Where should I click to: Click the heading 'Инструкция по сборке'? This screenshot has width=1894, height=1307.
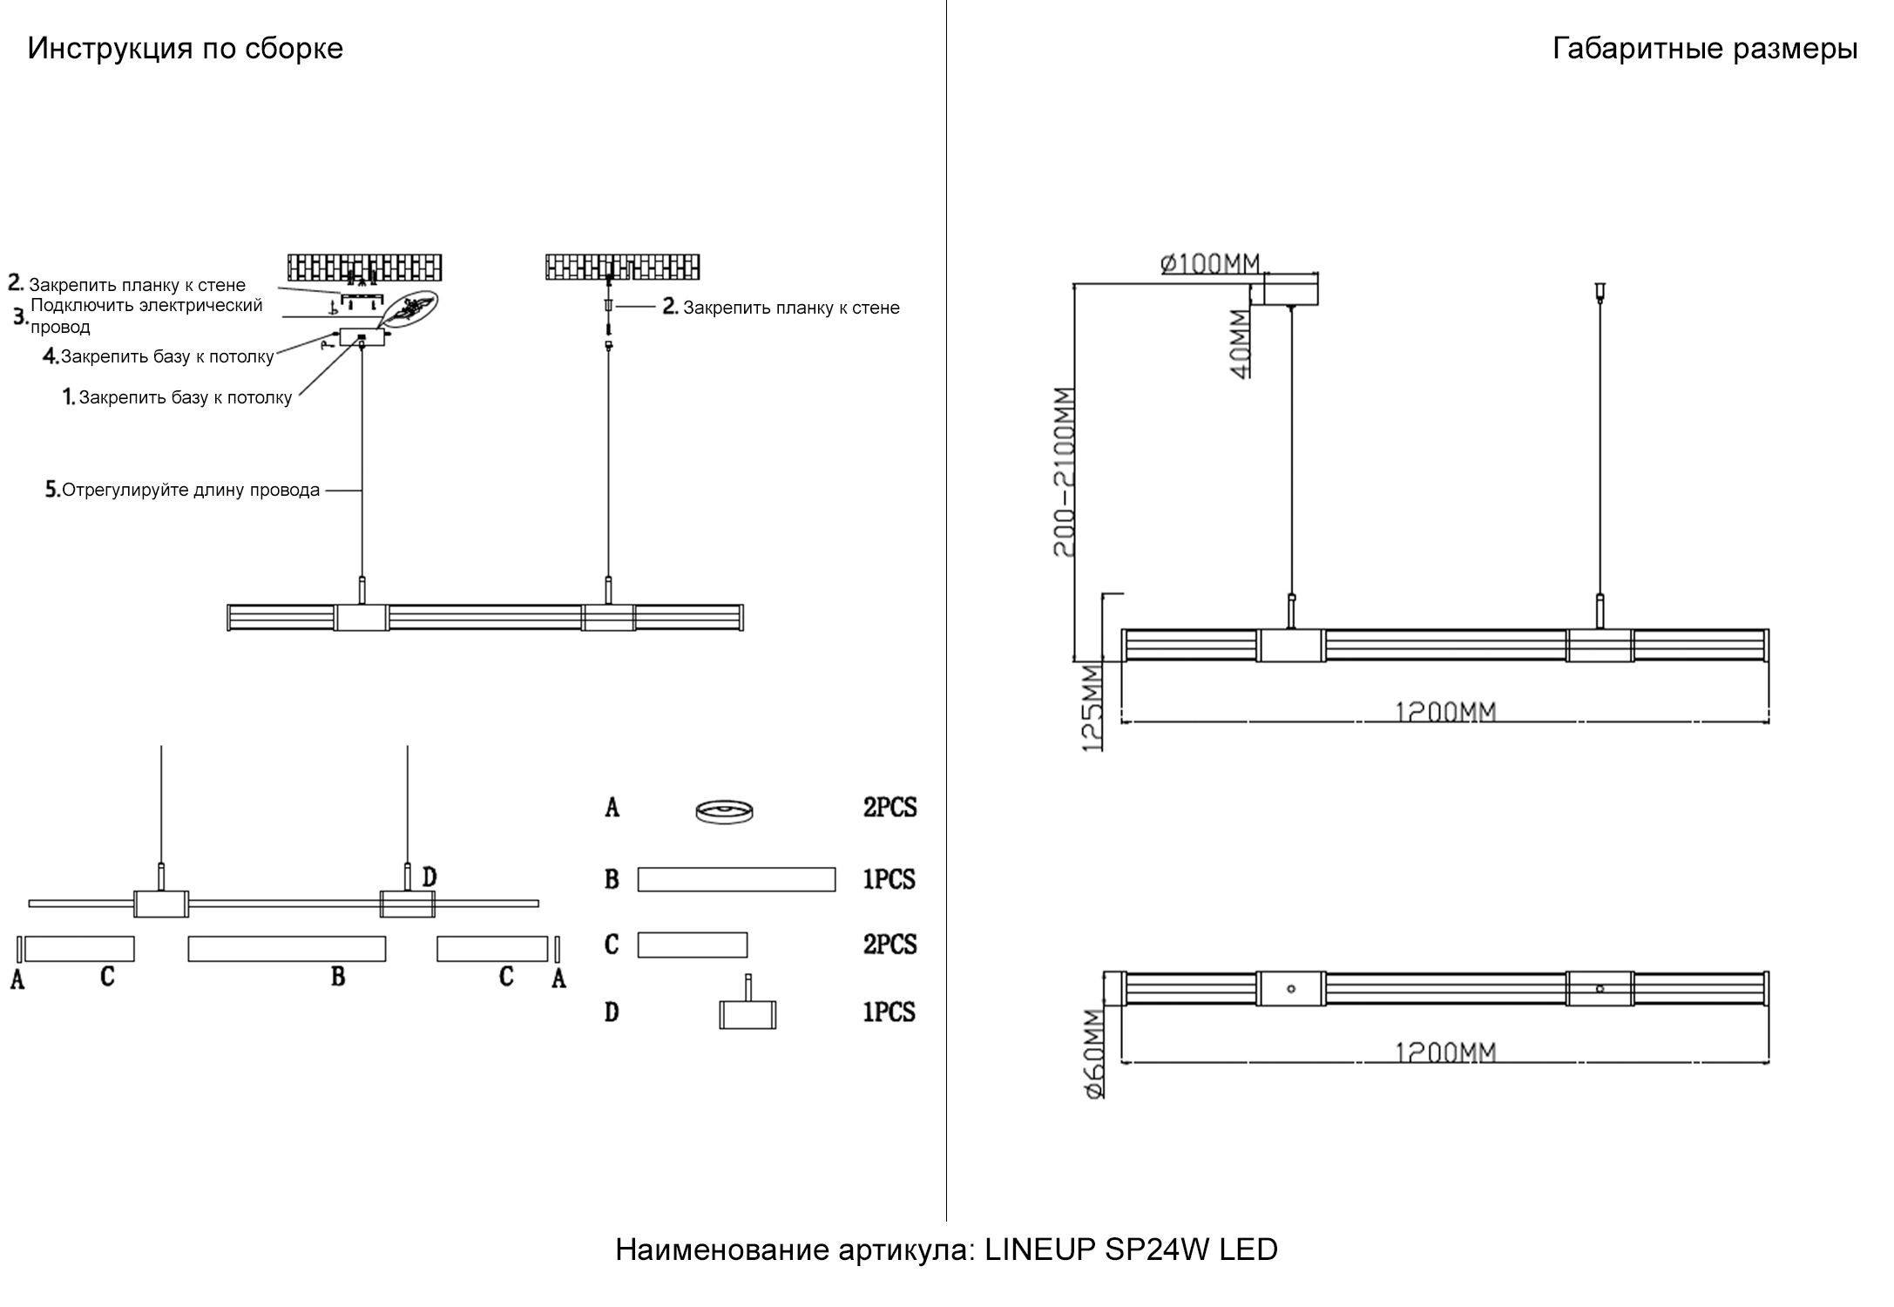click(185, 49)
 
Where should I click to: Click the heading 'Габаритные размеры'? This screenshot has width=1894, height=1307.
click(1704, 49)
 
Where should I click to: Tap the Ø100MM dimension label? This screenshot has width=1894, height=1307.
click(1210, 263)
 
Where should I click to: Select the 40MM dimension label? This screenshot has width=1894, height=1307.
click(1239, 343)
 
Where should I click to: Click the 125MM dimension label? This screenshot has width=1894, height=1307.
click(1092, 707)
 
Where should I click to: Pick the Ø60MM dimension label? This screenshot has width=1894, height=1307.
click(1094, 1053)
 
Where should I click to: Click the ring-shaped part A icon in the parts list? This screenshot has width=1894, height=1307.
click(724, 811)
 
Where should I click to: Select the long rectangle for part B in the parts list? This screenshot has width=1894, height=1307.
click(736, 879)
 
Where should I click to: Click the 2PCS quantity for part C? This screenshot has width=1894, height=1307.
click(890, 945)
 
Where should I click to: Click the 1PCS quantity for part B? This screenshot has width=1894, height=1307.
click(889, 879)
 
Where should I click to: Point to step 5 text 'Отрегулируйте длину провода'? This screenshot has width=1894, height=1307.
click(190, 491)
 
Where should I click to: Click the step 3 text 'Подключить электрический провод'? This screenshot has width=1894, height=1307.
click(145, 316)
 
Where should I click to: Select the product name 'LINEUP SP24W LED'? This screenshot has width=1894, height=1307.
click(1130, 1249)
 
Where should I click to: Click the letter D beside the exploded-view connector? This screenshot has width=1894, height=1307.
click(429, 877)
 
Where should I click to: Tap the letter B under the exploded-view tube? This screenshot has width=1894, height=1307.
click(338, 977)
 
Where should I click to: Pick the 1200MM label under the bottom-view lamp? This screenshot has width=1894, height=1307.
click(1445, 1053)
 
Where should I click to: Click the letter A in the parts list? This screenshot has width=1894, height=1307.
click(612, 809)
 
